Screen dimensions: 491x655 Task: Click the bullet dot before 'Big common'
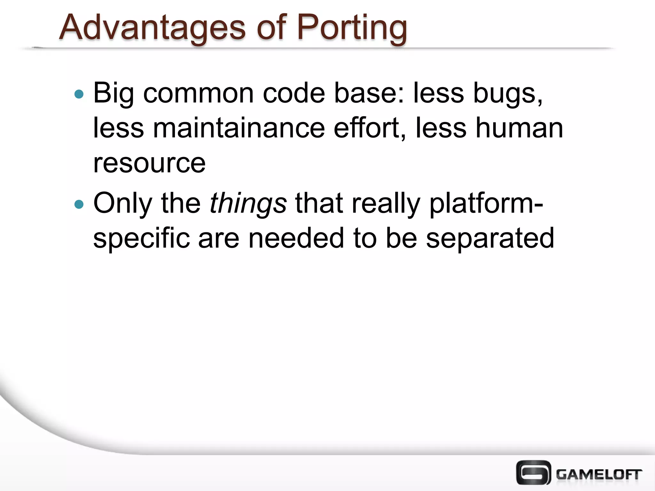[79, 94]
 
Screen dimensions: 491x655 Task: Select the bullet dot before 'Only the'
[79, 204]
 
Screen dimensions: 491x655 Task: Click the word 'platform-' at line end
[486, 204]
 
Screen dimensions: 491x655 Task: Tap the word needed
[296, 238]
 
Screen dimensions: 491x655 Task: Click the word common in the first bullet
[199, 94]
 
